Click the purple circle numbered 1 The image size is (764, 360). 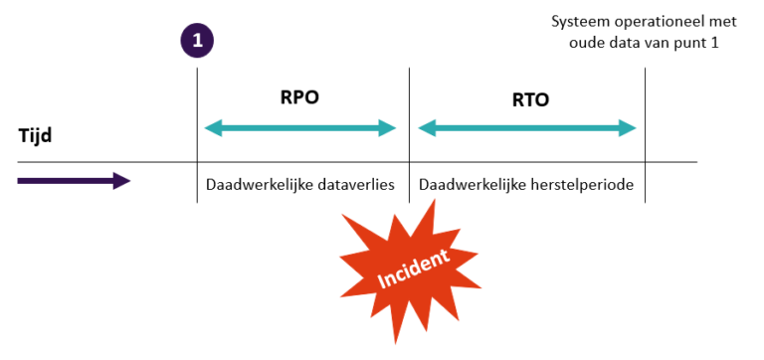[197, 42]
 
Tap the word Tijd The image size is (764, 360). [36, 135]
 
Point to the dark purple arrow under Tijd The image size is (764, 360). [74, 180]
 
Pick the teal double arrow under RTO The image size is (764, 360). [527, 127]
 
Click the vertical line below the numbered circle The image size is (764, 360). [197, 129]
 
